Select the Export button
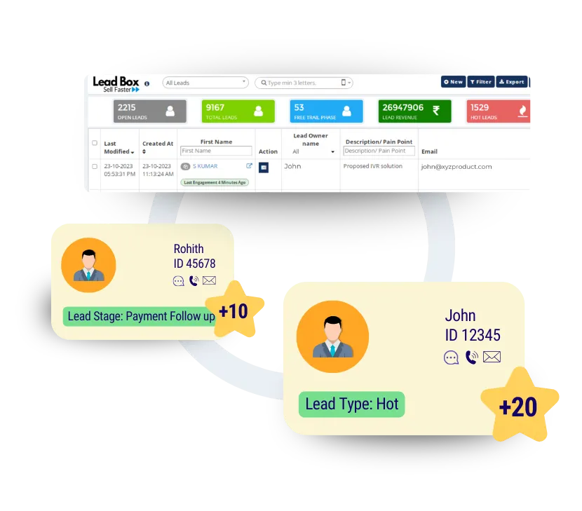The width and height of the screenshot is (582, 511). pyautogui.click(x=511, y=82)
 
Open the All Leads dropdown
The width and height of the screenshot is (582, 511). pyautogui.click(x=205, y=83)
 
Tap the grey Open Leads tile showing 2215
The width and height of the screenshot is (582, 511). pyautogui.click(x=150, y=111)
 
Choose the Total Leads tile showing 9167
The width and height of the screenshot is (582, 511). pyautogui.click(x=238, y=111)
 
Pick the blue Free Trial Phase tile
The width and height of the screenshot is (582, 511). pyautogui.click(x=326, y=111)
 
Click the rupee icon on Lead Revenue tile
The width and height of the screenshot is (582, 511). pyautogui.click(x=436, y=111)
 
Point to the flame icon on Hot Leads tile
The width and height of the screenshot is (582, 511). pyautogui.click(x=522, y=111)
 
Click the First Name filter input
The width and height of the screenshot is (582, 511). pyautogui.click(x=216, y=151)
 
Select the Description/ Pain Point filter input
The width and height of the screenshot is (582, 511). pyautogui.click(x=379, y=151)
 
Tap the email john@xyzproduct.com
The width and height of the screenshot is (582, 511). pyautogui.click(x=456, y=167)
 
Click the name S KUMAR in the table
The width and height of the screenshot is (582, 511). pyautogui.click(x=205, y=166)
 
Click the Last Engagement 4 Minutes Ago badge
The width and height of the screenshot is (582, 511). pyautogui.click(x=215, y=182)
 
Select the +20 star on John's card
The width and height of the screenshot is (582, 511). pyautogui.click(x=519, y=405)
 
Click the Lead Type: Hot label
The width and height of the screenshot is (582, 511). pyautogui.click(x=352, y=404)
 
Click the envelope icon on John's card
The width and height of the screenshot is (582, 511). pyautogui.click(x=492, y=357)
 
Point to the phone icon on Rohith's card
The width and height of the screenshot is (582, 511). pyautogui.click(x=194, y=281)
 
